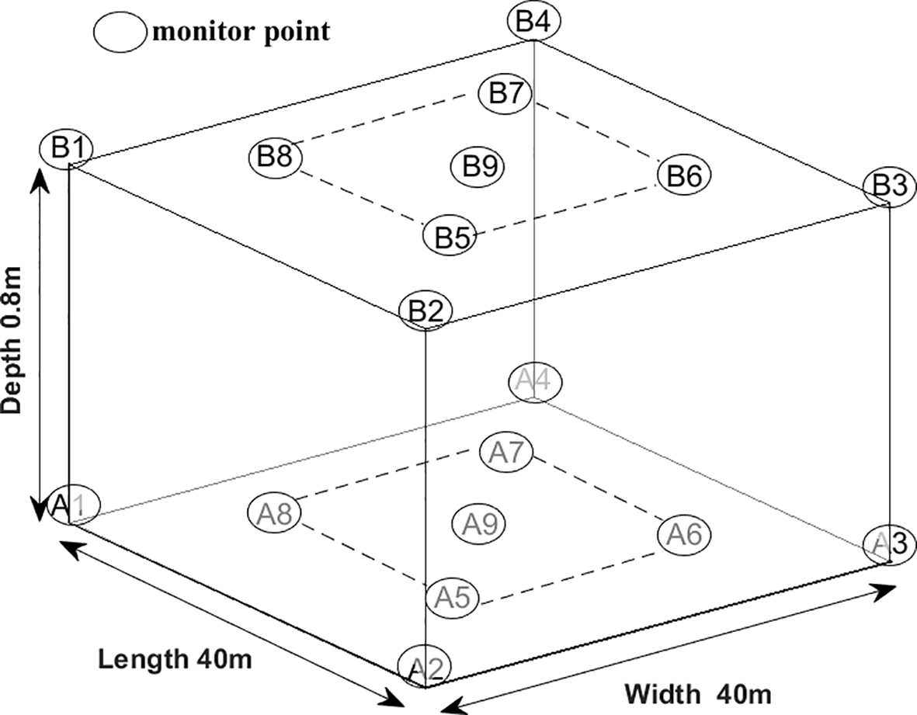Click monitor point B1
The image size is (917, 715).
67,148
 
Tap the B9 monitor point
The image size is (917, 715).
478,165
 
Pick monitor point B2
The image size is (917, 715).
425,312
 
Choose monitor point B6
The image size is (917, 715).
684,175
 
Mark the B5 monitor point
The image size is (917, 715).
450,236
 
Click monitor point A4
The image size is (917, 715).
534,381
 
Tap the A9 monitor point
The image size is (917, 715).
478,524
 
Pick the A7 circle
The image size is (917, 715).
505,452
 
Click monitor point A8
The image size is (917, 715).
274,513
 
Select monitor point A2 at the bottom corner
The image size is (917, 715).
425,667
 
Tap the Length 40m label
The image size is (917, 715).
175,659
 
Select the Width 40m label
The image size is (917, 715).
697,691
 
